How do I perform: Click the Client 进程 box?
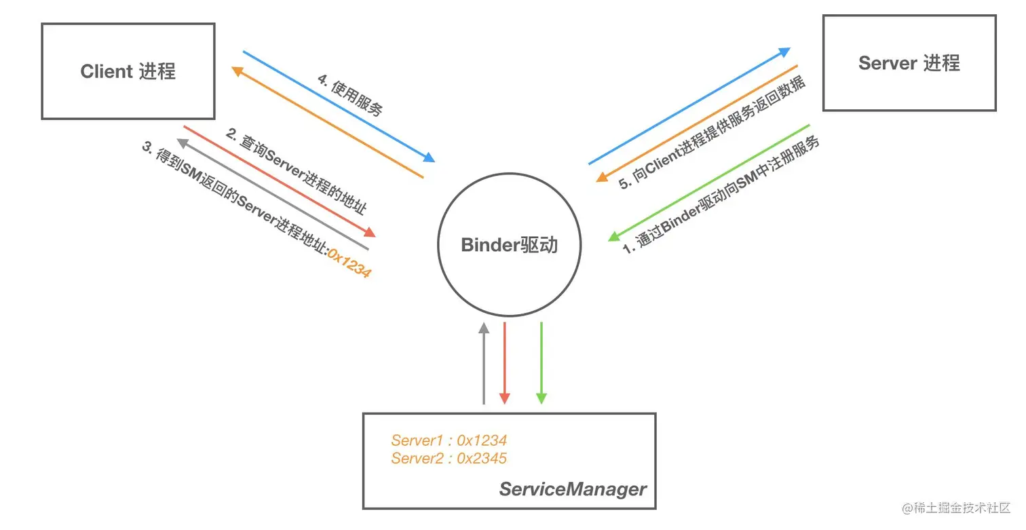tap(128, 71)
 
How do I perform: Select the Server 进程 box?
tap(909, 63)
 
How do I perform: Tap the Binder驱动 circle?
tap(509, 245)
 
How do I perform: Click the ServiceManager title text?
tap(573, 489)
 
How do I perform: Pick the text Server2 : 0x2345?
tap(449, 458)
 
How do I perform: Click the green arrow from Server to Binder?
tap(709, 183)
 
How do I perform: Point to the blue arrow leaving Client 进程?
tap(339, 106)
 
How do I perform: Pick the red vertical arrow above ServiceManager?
tap(504, 363)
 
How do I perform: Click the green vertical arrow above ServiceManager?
tap(541, 363)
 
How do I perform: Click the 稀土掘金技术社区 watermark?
tap(956, 508)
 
